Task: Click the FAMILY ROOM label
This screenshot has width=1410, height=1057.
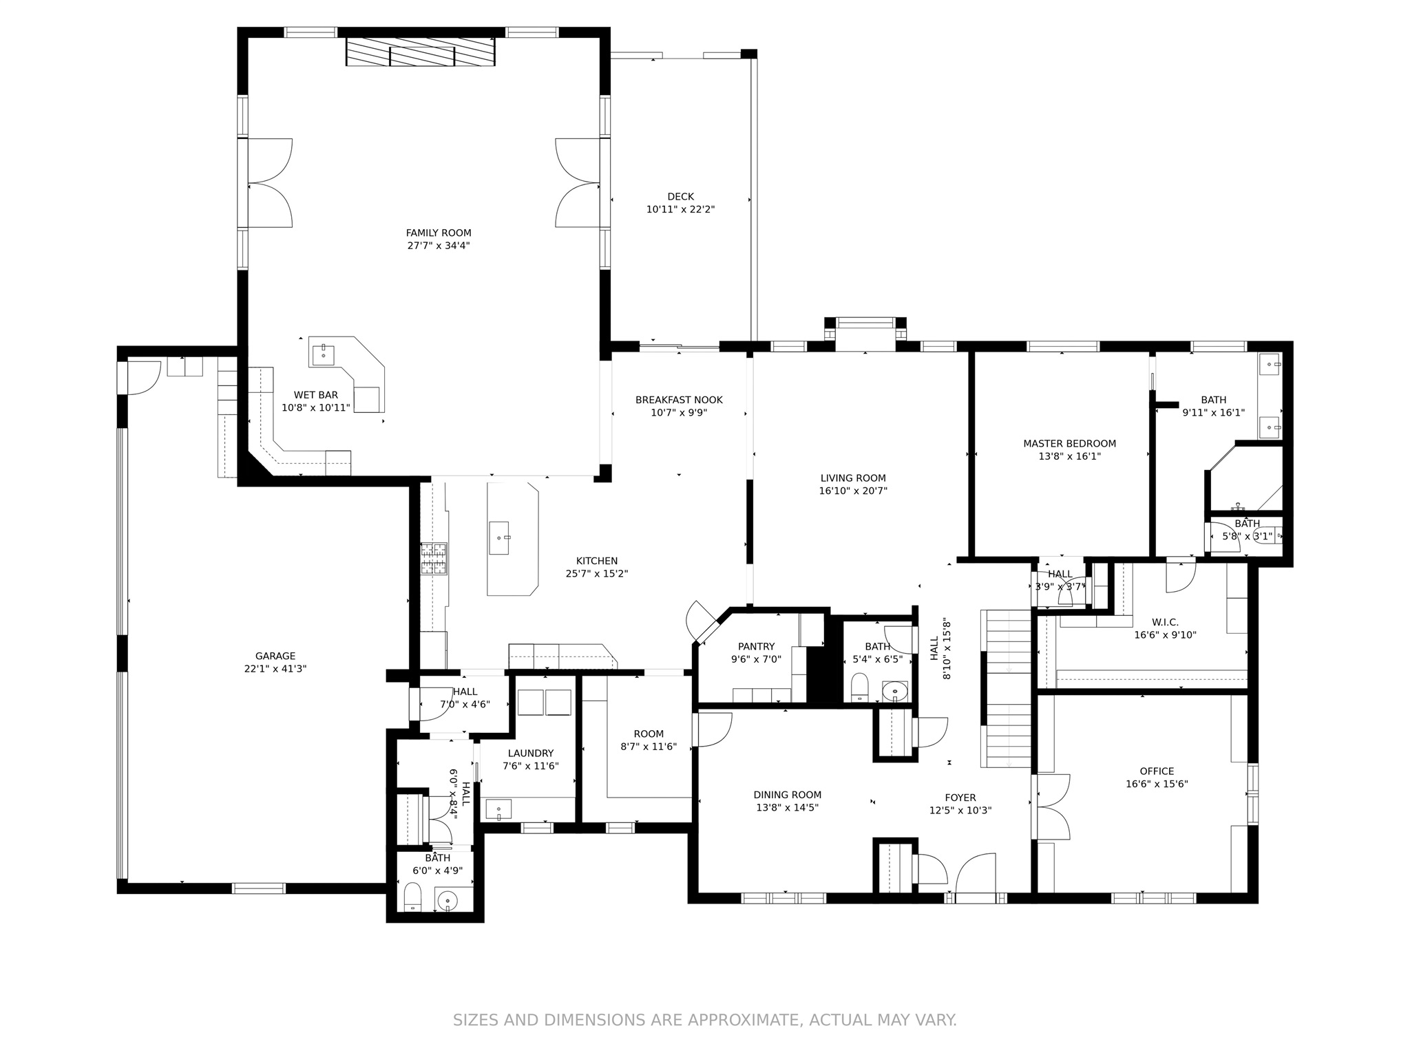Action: tap(439, 233)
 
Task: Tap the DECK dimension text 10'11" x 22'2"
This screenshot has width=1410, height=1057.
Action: tap(680, 209)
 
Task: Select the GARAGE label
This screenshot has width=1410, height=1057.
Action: tap(275, 656)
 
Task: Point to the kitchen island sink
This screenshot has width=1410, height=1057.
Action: tap(499, 537)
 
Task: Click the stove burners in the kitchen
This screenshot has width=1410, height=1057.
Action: tap(434, 559)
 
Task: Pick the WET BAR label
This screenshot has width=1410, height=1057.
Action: tap(316, 395)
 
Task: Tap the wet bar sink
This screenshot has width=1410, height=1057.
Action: tap(323, 355)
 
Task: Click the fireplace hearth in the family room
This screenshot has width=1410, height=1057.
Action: tap(420, 52)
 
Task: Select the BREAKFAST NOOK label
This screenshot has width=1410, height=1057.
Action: tap(679, 400)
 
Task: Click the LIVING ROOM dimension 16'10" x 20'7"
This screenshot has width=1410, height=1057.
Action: tap(853, 491)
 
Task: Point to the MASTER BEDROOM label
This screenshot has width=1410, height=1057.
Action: tap(1069, 444)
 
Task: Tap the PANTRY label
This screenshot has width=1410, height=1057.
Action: tap(756, 647)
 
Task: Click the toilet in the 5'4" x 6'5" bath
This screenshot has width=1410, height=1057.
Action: tap(859, 687)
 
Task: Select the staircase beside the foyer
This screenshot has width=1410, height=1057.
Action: tap(1006, 688)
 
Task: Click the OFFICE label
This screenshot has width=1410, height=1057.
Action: tap(1157, 771)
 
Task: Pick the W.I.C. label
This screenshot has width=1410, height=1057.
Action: tap(1165, 622)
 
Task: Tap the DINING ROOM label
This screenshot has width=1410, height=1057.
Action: tap(787, 795)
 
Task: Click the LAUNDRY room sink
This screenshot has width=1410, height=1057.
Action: tap(498, 809)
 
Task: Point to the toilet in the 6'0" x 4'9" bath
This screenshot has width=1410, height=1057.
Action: tap(412, 897)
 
